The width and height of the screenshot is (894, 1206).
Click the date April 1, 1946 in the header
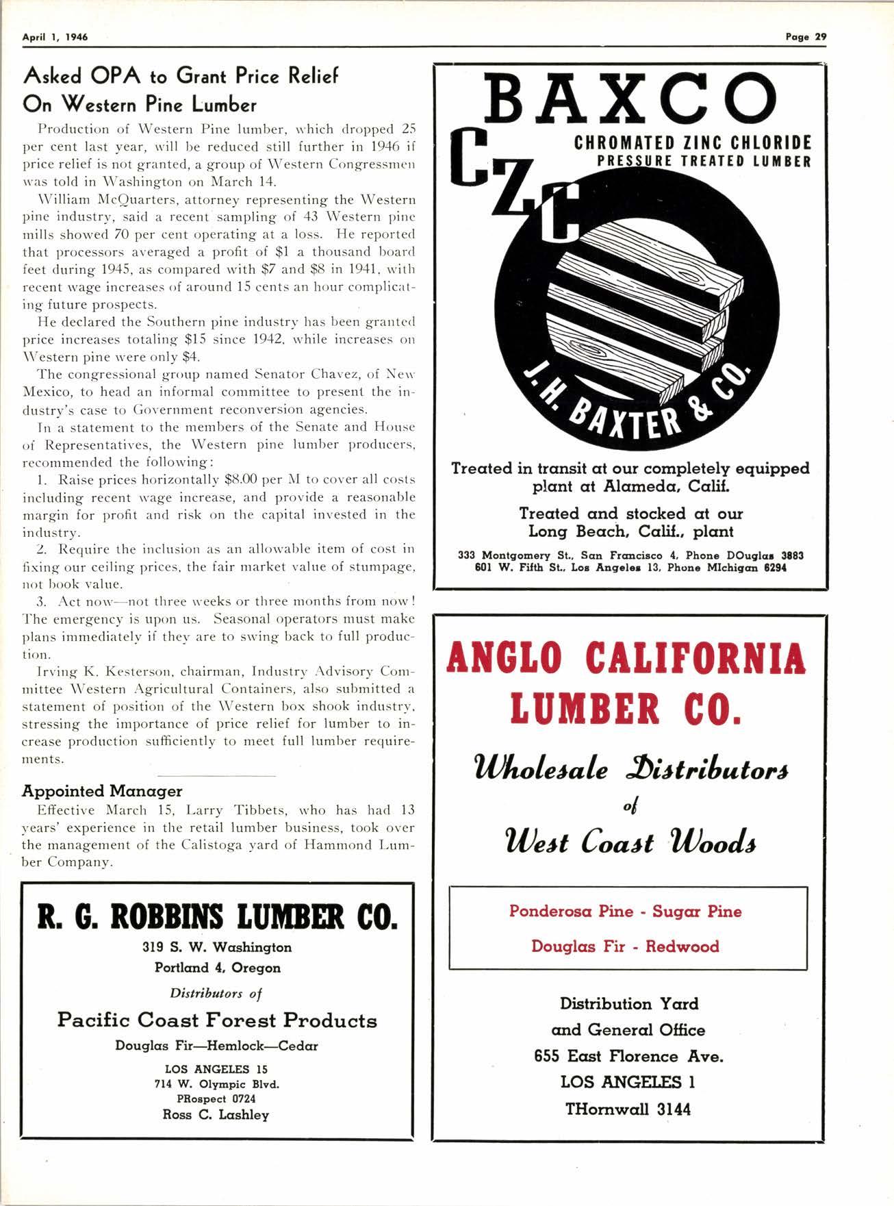tap(55, 37)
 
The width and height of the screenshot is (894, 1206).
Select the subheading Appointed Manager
tap(102, 791)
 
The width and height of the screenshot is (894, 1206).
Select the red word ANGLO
tap(505, 659)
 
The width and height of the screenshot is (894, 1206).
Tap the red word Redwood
tap(682, 946)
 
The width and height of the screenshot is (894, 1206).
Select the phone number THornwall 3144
tap(628, 1109)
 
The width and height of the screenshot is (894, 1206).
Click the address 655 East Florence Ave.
tap(628, 1056)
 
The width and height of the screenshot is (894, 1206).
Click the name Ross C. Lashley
tap(216, 1114)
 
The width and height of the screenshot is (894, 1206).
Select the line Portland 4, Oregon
tap(217, 968)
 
